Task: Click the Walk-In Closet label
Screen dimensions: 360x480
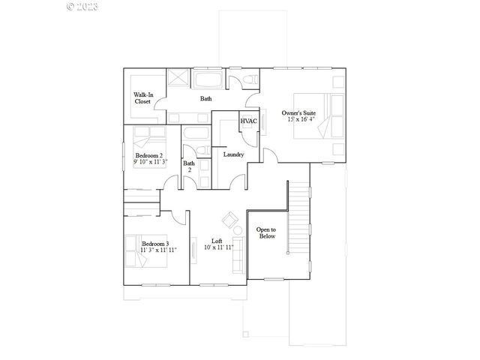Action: click(x=144, y=98)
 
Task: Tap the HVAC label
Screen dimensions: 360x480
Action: click(x=248, y=121)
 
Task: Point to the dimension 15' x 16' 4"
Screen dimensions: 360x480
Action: click(x=298, y=121)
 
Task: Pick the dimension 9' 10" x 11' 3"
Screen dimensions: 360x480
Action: click(x=150, y=162)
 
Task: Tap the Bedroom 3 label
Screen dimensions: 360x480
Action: click(x=155, y=244)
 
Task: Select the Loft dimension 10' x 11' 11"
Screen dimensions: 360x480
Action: click(x=217, y=248)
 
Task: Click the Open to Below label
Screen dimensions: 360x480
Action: click(x=266, y=232)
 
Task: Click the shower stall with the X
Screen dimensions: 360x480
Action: click(x=178, y=79)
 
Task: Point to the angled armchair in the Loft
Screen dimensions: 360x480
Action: click(x=229, y=220)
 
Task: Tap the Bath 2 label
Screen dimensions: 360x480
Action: click(x=189, y=166)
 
